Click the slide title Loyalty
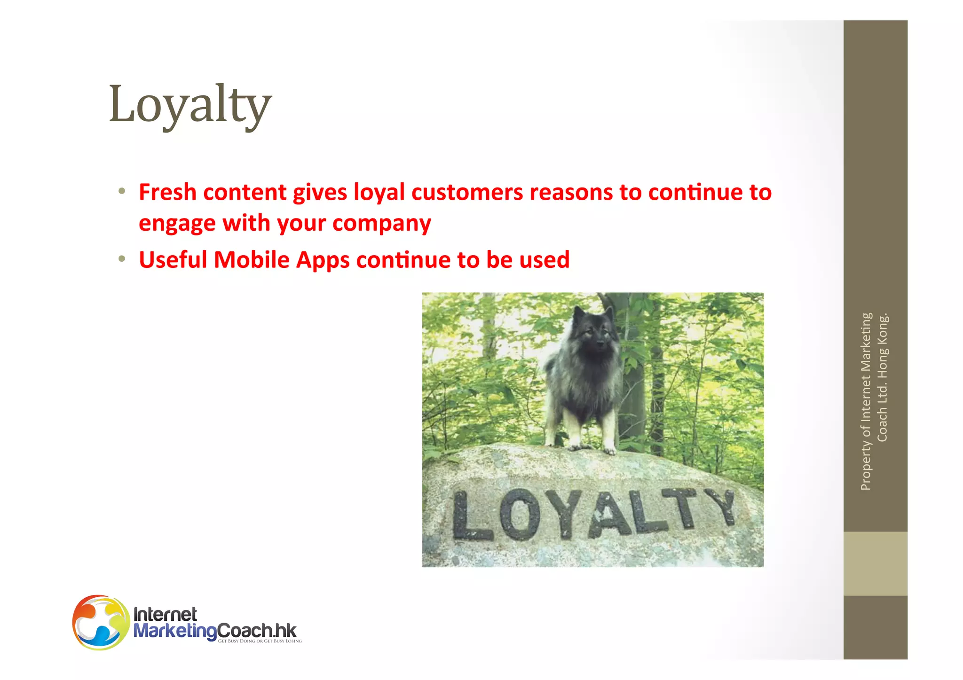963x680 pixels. (x=190, y=104)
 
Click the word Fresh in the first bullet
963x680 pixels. (x=167, y=192)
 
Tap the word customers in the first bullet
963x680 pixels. (x=466, y=192)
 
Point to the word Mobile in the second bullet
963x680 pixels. (x=251, y=260)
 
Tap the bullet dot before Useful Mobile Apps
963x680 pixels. (x=122, y=259)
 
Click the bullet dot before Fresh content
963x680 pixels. (x=122, y=191)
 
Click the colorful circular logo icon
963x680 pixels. (x=101, y=622)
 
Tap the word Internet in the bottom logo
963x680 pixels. (x=165, y=614)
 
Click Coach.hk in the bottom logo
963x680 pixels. (x=257, y=630)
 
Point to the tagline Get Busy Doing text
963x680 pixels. (x=260, y=641)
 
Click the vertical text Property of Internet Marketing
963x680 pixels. (x=866, y=402)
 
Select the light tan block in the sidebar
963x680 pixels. (x=875, y=563)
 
